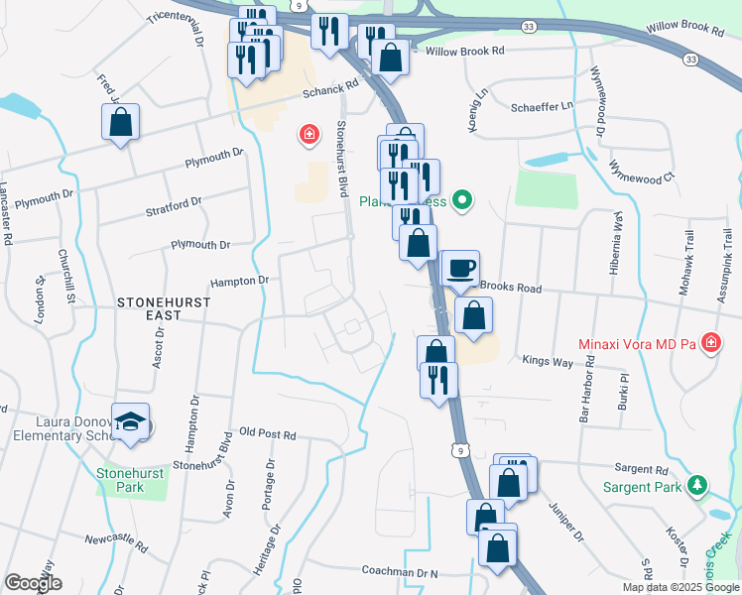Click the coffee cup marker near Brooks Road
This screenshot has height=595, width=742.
click(460, 268)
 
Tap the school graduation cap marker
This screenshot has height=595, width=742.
click(130, 421)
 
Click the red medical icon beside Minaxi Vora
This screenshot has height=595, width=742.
click(710, 344)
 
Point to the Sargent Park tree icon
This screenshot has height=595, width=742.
click(698, 486)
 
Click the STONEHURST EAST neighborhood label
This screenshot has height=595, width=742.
click(149, 306)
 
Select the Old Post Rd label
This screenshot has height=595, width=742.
click(268, 434)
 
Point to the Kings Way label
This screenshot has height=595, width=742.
click(549, 362)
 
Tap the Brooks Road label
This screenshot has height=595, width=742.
click(511, 287)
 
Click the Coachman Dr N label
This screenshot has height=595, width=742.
click(400, 572)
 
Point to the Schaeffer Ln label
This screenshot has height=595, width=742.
click(543, 106)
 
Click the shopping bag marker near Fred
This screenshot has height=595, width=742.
click(120, 123)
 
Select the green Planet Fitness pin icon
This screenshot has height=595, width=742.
click(461, 201)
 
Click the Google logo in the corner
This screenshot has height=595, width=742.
click(33, 583)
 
